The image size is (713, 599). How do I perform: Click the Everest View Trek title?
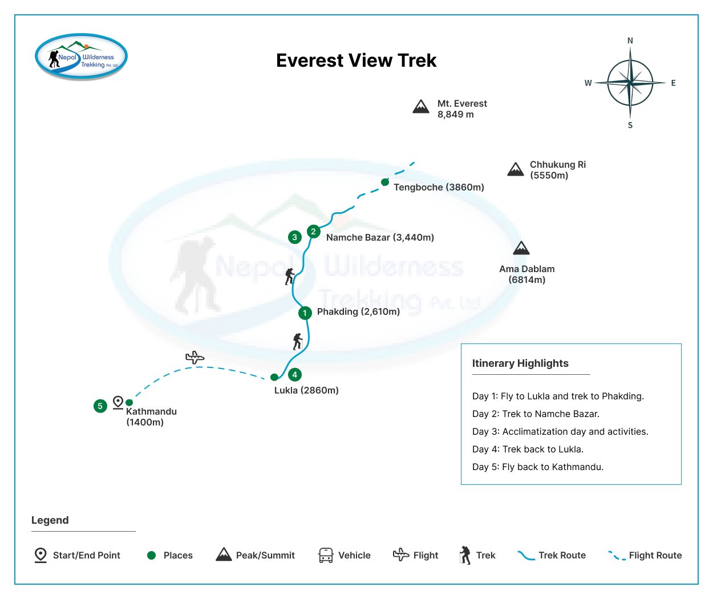coord(356,60)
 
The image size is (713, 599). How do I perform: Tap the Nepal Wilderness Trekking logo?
coord(81,56)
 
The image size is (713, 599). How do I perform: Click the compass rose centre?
coord(630,83)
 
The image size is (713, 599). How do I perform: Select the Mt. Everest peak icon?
coord(421,107)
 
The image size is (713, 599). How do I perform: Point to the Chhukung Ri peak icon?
coord(516,169)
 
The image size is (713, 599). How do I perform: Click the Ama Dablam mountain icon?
coord(521,248)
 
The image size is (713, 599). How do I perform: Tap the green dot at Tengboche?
coord(385,182)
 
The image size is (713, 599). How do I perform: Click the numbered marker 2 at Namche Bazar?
coord(313,231)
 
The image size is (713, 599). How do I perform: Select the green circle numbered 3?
coord(294,237)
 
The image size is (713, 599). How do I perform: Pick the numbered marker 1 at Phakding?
coord(305,313)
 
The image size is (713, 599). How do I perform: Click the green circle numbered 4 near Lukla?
coord(294,375)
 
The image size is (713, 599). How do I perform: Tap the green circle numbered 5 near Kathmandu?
coord(100,406)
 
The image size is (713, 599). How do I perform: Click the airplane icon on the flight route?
coord(195,358)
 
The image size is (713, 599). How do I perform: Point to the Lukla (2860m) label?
coord(306,390)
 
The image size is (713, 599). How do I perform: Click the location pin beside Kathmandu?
coord(118,402)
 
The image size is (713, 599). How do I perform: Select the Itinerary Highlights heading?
coord(520,363)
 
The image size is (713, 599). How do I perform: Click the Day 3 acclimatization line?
coord(560,432)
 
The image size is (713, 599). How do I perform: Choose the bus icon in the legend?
coord(326,555)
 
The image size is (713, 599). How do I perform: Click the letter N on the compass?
coord(630,41)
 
